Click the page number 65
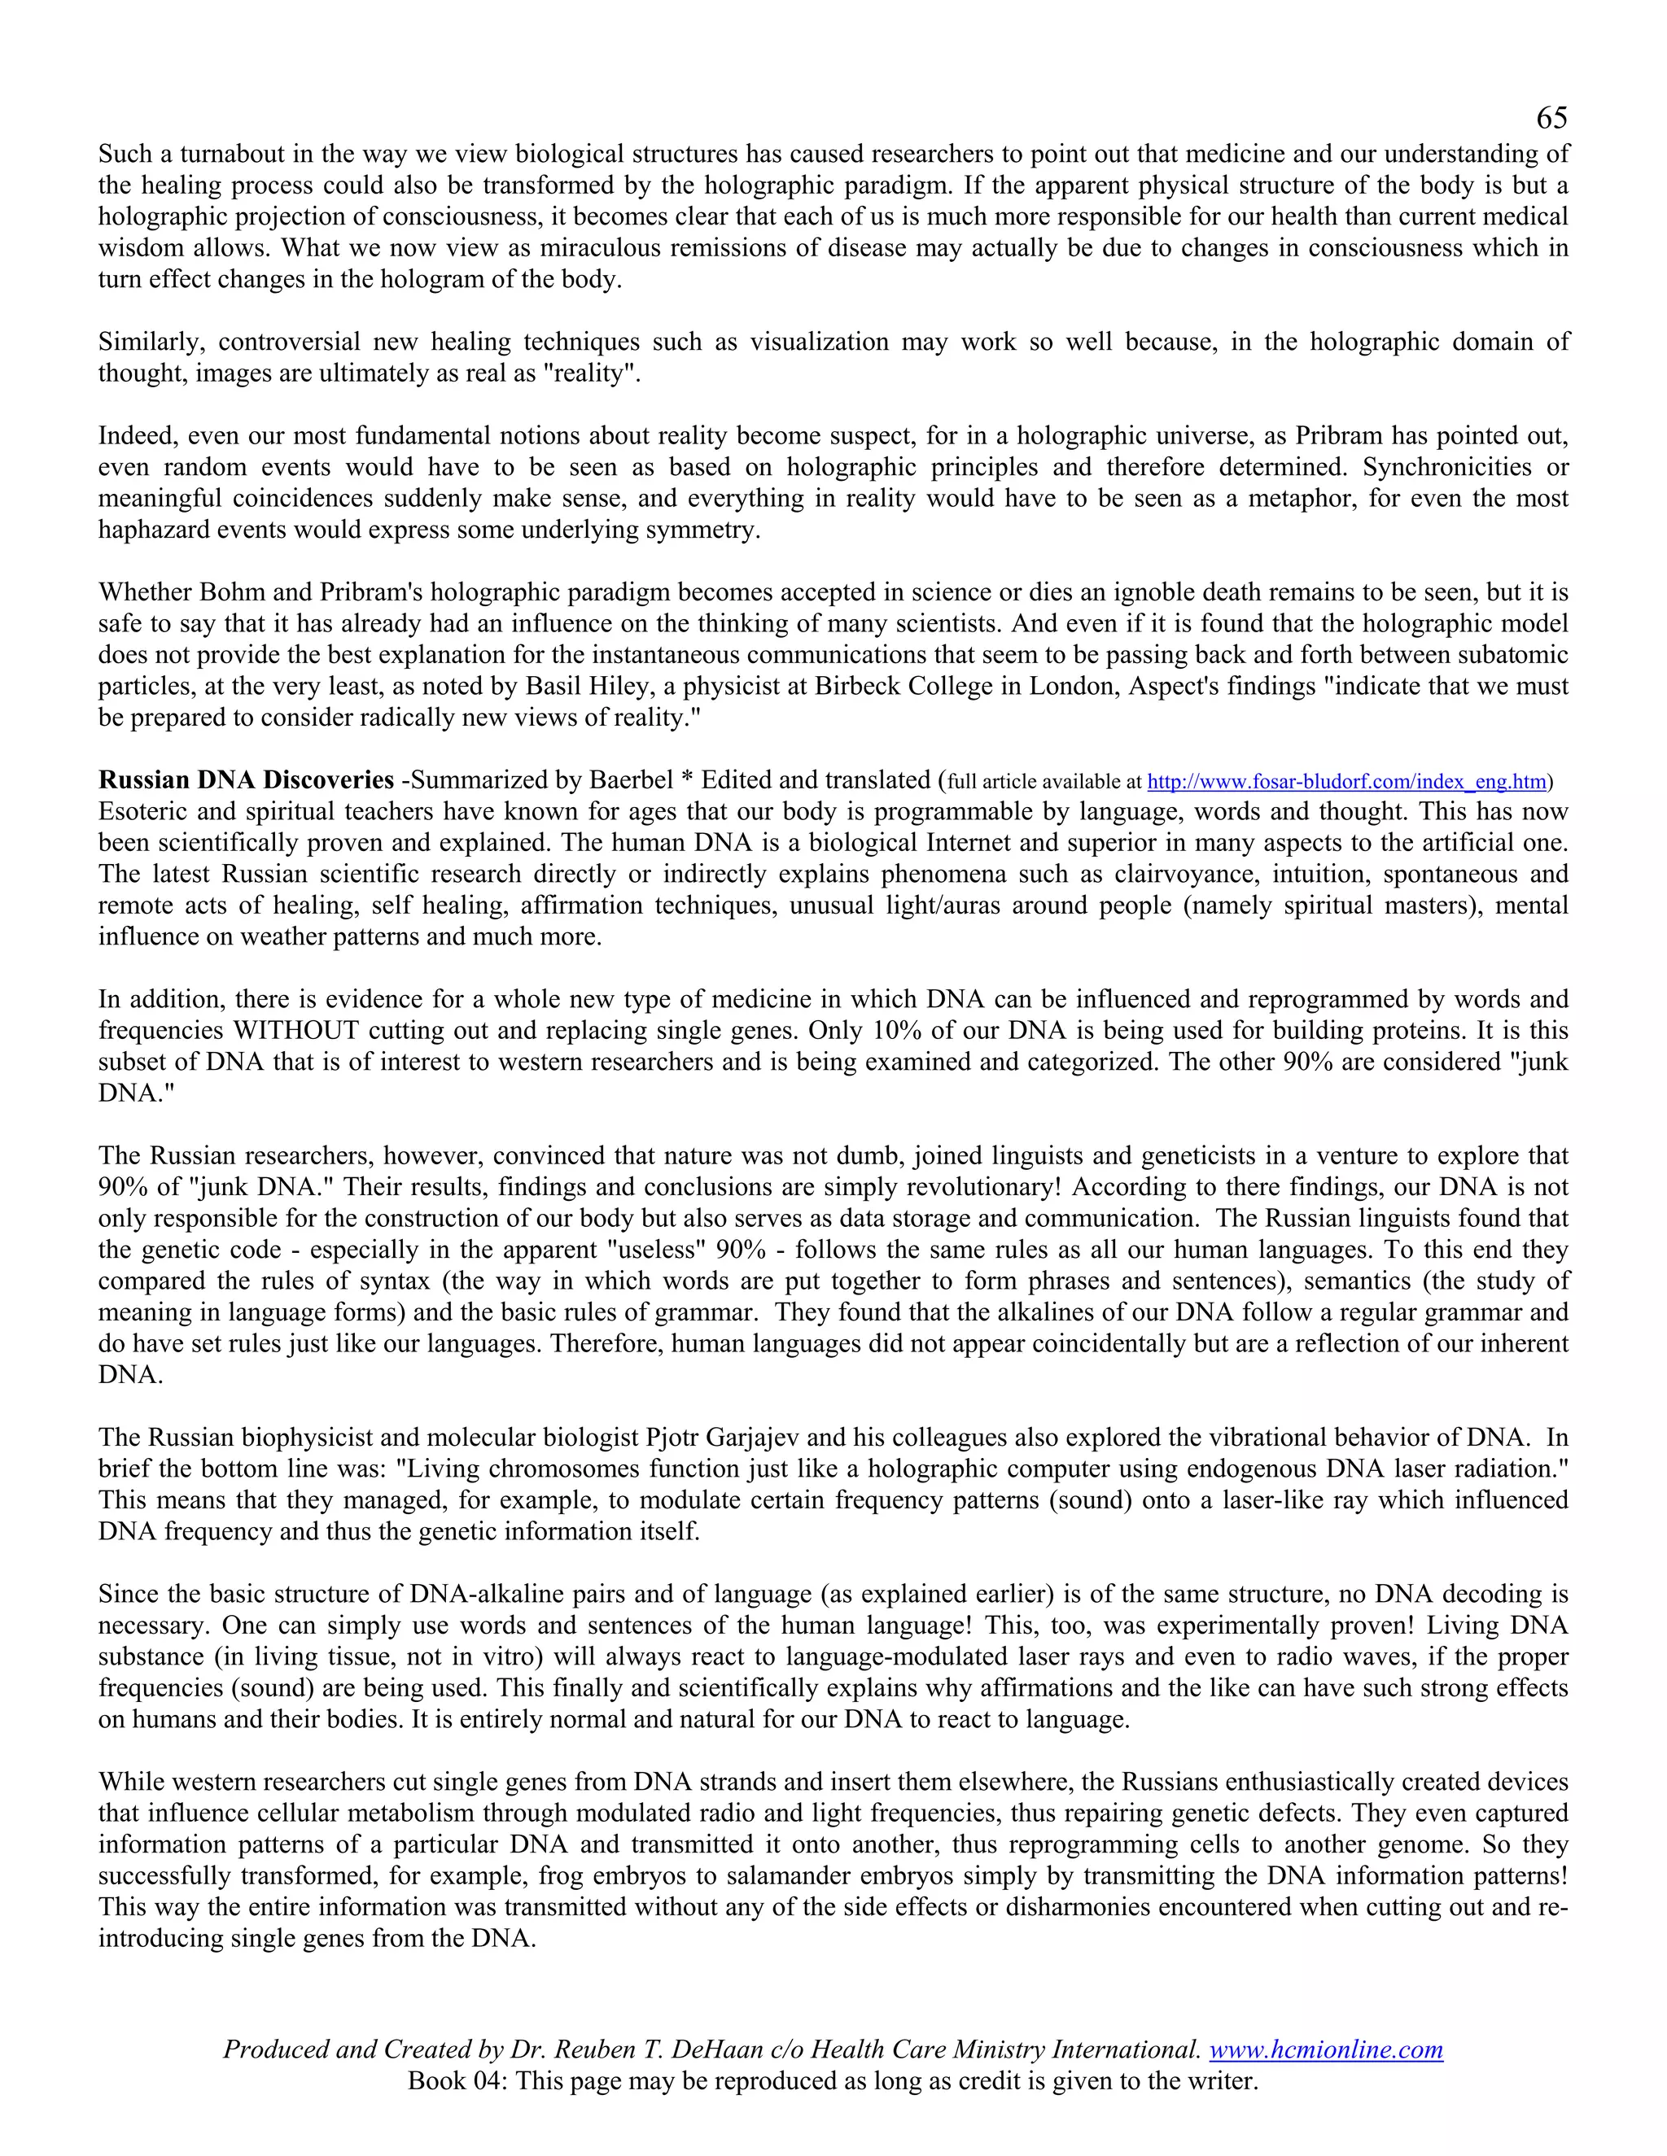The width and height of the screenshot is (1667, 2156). tap(1551, 119)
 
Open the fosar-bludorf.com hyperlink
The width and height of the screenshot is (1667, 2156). tap(1346, 783)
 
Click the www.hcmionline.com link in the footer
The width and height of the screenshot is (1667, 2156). tap(1326, 2049)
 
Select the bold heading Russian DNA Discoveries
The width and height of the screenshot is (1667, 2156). tap(246, 781)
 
